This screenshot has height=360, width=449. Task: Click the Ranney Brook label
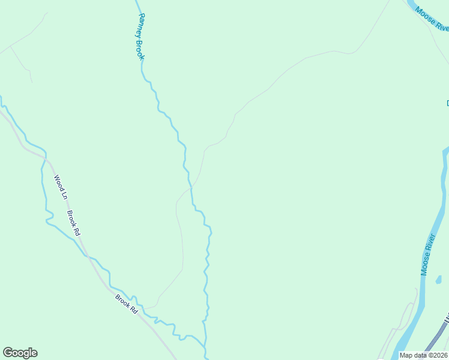(138, 35)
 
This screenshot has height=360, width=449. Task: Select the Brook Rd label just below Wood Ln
(73, 222)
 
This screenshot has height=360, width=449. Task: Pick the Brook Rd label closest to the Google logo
(127, 304)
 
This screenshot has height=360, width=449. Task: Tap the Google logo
(20, 353)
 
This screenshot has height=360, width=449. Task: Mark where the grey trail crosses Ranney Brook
(191, 188)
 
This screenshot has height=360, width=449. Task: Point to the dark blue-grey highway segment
(435, 340)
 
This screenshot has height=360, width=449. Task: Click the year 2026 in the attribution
(439, 355)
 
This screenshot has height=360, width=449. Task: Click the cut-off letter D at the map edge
(447, 103)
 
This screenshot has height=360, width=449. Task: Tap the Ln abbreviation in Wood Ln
(63, 193)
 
